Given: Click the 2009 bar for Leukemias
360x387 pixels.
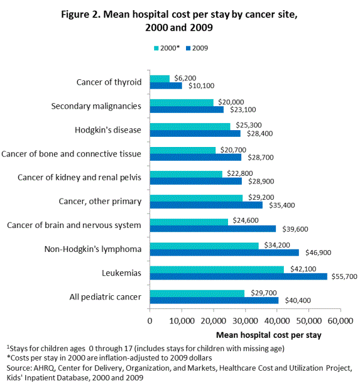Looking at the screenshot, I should pos(238,276).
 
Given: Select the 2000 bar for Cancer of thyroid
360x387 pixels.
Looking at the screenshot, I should pos(160,78).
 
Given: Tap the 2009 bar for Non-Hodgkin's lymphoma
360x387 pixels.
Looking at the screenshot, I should pos(224,253).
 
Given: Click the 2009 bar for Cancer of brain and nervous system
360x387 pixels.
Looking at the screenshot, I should pos(212,229).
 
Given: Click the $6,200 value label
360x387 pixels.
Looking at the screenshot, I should pos(184,77).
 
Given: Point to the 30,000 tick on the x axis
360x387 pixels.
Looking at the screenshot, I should pos(245,322).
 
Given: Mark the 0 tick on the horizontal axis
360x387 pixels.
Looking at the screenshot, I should pos(149,322).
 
